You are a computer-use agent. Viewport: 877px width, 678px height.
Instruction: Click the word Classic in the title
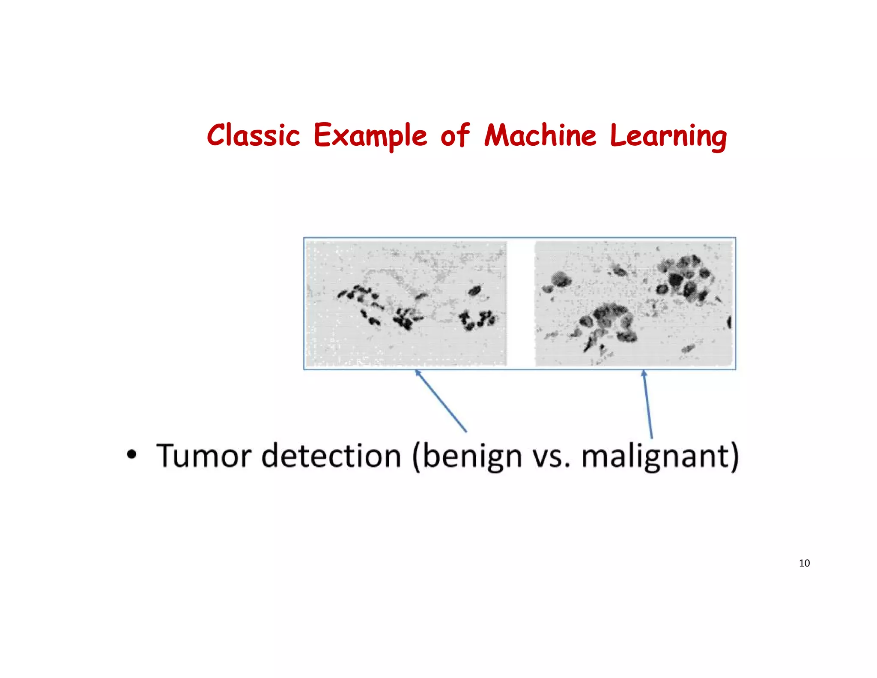(253, 136)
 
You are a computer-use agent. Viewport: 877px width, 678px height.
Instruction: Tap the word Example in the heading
(370, 136)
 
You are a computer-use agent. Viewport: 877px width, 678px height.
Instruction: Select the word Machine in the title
(540, 136)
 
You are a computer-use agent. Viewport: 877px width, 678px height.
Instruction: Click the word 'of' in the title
(455, 136)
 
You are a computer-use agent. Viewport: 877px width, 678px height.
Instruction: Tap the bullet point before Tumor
(132, 454)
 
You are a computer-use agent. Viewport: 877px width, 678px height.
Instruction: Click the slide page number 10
(804, 563)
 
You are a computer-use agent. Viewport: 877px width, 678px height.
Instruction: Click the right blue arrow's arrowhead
(644, 373)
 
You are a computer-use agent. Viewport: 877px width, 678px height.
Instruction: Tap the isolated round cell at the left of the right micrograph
(561, 279)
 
